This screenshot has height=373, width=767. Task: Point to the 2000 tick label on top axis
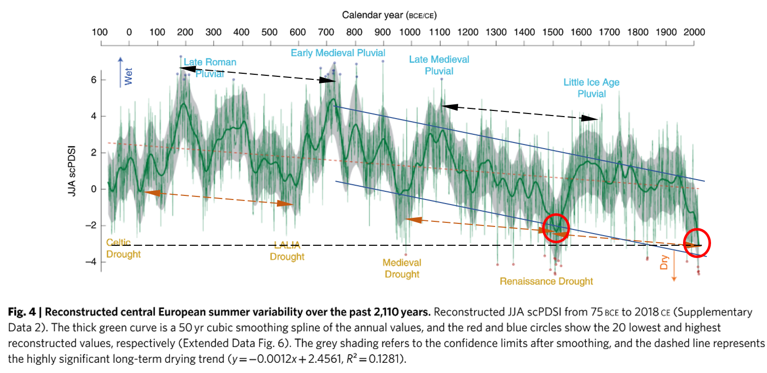[694, 32]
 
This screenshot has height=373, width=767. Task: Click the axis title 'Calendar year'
[373, 15]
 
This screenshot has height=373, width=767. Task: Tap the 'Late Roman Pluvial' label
[210, 68]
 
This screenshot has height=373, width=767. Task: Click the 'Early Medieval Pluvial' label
[338, 53]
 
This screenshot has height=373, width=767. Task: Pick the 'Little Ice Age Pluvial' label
[591, 88]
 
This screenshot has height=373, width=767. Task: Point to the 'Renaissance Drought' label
[546, 281]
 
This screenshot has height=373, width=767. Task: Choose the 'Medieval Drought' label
[402, 268]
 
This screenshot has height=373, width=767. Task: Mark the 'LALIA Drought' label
[287, 250]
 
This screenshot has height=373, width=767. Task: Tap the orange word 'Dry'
[664, 262]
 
